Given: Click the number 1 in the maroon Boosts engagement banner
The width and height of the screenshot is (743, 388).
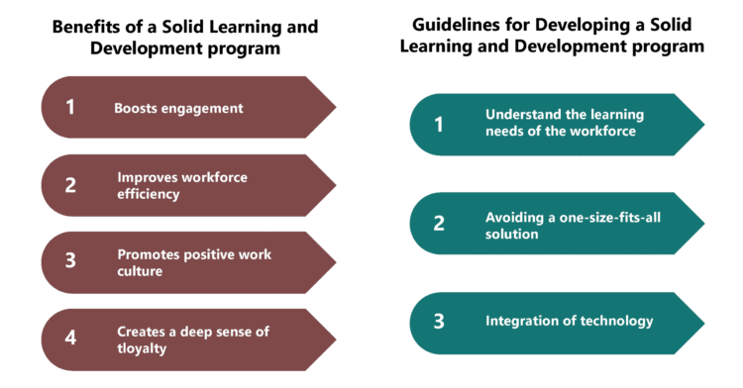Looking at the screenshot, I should (x=70, y=107).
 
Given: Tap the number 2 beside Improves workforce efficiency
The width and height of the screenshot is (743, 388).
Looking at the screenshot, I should (x=70, y=185).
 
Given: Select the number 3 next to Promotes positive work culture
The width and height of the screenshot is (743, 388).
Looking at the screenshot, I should (x=70, y=262).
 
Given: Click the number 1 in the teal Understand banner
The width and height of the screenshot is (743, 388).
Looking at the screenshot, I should (x=438, y=124).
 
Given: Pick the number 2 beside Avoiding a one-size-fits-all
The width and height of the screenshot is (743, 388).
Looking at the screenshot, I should (x=439, y=224).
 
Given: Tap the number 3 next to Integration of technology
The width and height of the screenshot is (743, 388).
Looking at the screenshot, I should (x=439, y=321).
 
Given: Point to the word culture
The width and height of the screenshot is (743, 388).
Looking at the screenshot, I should (x=141, y=271).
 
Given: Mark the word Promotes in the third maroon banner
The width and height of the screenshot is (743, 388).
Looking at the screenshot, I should (x=150, y=254).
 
